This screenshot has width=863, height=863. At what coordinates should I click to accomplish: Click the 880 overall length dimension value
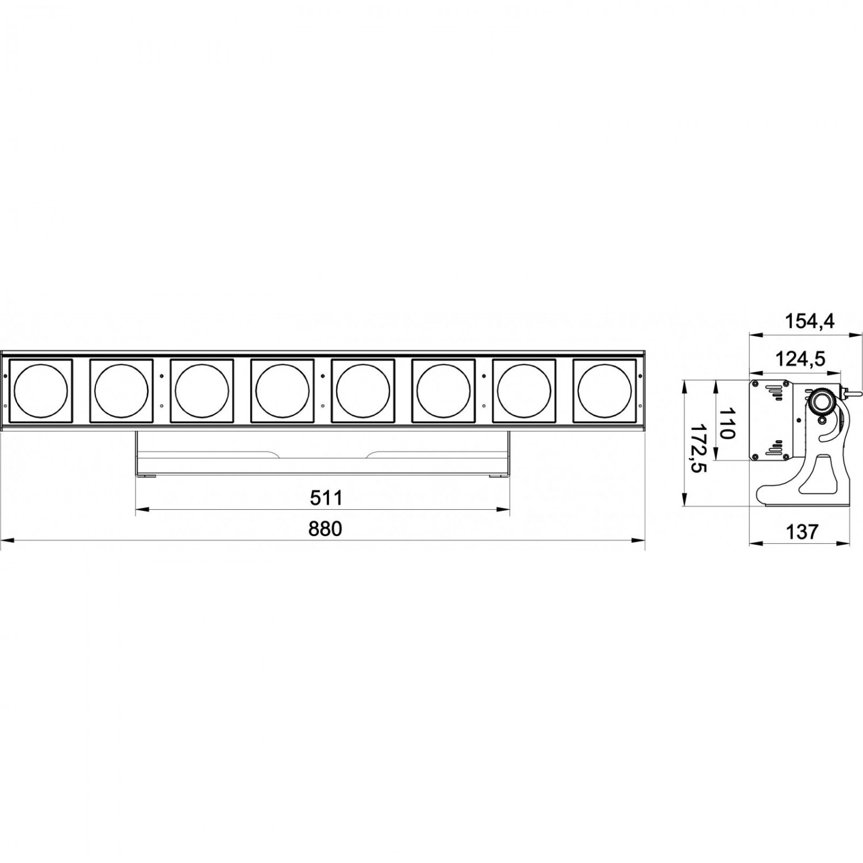325,528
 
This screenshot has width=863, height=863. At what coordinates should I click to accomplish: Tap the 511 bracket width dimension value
326,498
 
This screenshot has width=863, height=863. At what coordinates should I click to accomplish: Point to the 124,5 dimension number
800,359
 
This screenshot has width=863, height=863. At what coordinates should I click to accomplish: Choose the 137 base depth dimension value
801,532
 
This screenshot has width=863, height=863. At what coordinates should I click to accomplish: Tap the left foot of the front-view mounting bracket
147,475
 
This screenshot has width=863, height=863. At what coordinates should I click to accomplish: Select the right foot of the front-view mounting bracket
498,475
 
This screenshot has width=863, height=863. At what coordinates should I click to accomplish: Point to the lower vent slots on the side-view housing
776,445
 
